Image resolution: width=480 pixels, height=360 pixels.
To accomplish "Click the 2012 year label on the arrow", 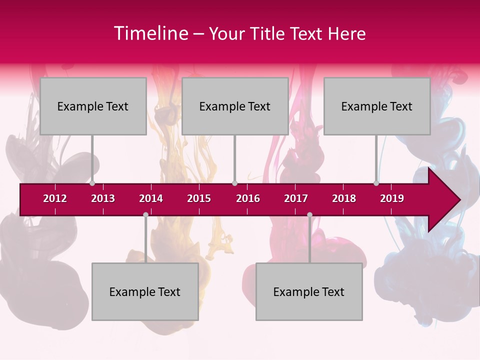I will pos(55,198).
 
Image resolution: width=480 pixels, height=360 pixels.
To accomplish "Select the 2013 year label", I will pos(103,198).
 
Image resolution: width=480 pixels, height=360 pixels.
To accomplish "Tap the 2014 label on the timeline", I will pos(151,198).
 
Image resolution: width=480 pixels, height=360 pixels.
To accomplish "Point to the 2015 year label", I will pos(199,198).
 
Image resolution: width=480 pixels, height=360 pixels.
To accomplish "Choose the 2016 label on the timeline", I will pos(248,198).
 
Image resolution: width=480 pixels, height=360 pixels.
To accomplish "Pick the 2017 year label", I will pos(296,198).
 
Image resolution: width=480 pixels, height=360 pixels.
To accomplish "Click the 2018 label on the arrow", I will pos(344,198).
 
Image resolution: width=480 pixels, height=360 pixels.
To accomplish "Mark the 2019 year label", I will pos(392,198).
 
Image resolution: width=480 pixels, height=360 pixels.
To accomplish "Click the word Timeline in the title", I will pos(150,33).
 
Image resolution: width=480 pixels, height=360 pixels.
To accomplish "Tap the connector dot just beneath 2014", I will pos(145,214).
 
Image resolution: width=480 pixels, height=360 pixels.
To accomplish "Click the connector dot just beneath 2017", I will pos(309,214).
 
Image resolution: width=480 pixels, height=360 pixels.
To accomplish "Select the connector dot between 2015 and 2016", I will pos(234,183).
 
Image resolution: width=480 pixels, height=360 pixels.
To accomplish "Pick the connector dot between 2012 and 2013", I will pos(92,183).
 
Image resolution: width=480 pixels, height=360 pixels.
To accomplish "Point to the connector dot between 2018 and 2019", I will pos(376,183).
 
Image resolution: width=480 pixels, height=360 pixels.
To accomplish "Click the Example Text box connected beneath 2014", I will pos(145,291).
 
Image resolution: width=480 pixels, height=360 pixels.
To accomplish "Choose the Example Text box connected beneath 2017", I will pos(309,291).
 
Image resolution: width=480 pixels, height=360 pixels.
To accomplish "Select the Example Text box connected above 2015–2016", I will pos(235,106).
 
